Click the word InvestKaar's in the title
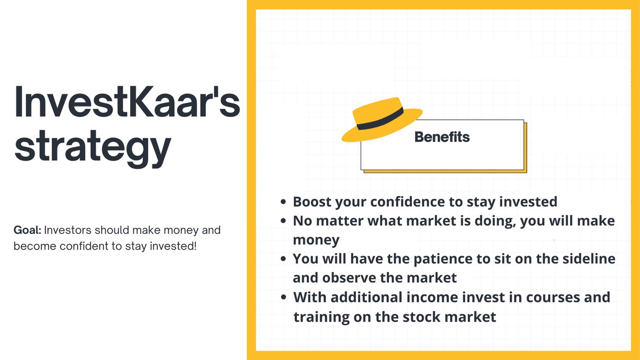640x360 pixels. pyautogui.click(x=127, y=102)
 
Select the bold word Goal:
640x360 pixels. pyautogui.click(x=28, y=230)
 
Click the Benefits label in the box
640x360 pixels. pyautogui.click(x=442, y=137)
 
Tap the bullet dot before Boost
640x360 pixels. pyautogui.click(x=283, y=202)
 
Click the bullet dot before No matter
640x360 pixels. pyautogui.click(x=283, y=221)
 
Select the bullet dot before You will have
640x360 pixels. pyautogui.click(x=283, y=259)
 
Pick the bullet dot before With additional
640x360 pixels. pyautogui.click(x=283, y=297)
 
